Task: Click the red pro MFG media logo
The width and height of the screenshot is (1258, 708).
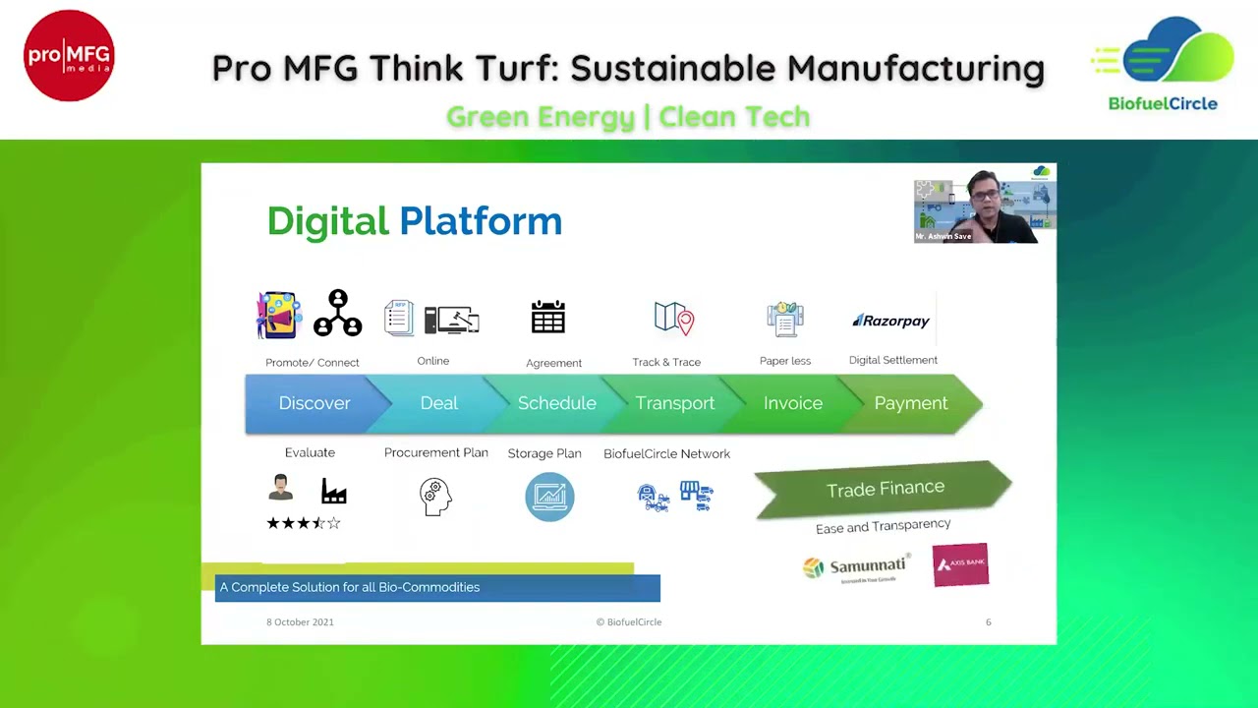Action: click(x=69, y=56)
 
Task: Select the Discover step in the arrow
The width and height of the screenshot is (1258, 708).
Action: click(x=314, y=403)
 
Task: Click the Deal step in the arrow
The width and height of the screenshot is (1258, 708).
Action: click(x=439, y=403)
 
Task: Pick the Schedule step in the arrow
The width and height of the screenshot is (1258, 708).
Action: click(x=556, y=403)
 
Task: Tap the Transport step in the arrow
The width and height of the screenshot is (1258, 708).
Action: click(x=674, y=403)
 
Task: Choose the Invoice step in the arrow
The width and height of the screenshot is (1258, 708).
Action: click(x=792, y=403)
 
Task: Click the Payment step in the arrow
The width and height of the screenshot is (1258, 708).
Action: click(x=911, y=403)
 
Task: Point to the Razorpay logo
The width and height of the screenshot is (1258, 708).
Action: click(x=890, y=321)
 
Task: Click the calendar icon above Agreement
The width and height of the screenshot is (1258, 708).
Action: click(x=548, y=317)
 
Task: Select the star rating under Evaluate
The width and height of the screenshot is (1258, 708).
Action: click(x=303, y=523)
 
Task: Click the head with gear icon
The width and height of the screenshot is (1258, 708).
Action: click(x=435, y=497)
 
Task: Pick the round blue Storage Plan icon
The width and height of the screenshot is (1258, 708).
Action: click(x=549, y=497)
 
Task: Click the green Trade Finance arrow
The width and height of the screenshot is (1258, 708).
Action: click(x=884, y=489)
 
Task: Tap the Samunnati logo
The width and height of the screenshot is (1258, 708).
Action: click(x=855, y=567)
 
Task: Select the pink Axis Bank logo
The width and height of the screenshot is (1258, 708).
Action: click(x=960, y=564)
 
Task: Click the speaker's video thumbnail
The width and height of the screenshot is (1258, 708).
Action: click(x=985, y=206)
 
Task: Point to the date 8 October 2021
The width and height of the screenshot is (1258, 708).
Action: click(x=300, y=622)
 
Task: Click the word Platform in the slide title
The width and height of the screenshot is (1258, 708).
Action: click(x=481, y=221)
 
